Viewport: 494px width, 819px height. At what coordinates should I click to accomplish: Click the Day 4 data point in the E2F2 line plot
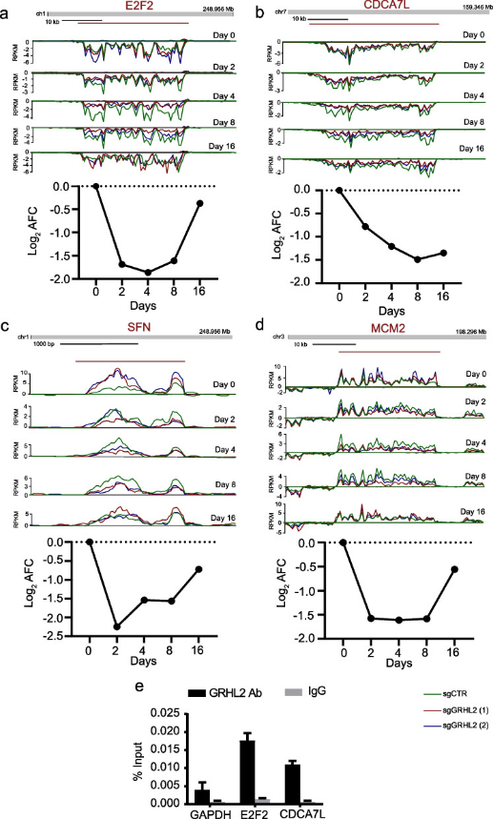click(x=122, y=273)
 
